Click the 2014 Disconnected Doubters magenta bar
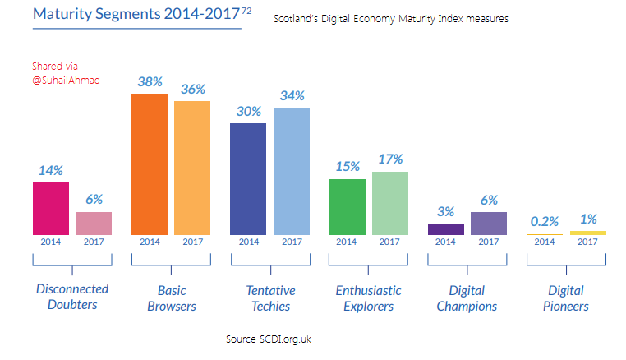[x=51, y=209]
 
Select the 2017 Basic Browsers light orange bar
[x=192, y=168]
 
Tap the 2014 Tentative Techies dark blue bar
[x=248, y=178]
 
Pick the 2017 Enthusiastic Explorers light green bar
[x=389, y=203]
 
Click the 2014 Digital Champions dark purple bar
[x=445, y=229]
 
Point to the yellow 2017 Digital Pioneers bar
[x=587, y=233]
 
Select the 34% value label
[x=292, y=96]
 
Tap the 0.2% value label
[x=544, y=221]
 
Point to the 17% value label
[x=390, y=159]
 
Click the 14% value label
[x=51, y=170]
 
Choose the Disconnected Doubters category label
[x=72, y=297]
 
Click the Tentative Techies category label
[x=270, y=298]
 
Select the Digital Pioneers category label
[x=566, y=298]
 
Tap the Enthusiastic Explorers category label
[x=368, y=298]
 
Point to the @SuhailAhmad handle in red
[x=66, y=81]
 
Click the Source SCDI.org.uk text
[x=269, y=339]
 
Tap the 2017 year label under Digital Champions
[x=489, y=242]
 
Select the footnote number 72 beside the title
[x=246, y=10]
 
